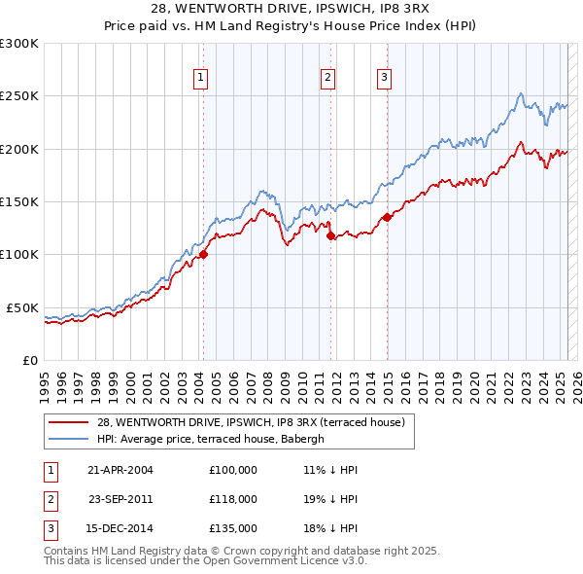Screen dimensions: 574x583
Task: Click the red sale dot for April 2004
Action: click(203, 255)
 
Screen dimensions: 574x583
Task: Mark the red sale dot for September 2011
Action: click(331, 235)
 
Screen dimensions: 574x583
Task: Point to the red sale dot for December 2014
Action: click(387, 218)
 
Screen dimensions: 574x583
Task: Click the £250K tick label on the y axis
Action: click(19, 96)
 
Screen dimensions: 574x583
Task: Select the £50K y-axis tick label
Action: click(22, 307)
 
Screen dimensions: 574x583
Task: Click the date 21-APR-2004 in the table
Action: click(120, 470)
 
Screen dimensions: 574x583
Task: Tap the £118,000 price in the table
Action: click(233, 499)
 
